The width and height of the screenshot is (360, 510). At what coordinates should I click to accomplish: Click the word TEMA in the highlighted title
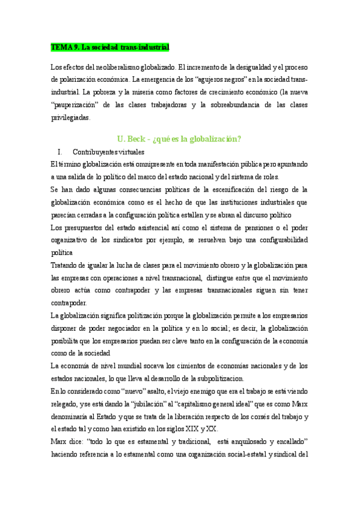[60, 46]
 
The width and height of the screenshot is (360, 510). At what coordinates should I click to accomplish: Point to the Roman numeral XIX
[185, 429]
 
